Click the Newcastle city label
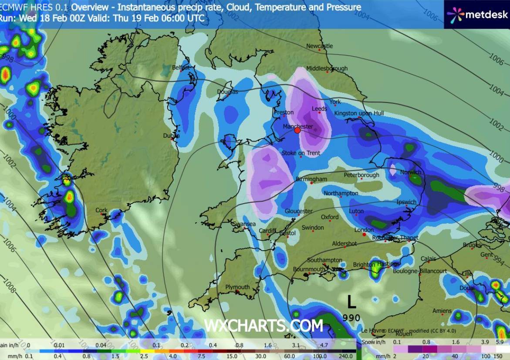pyautogui.click(x=319, y=46)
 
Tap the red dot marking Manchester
pyautogui.click(x=297, y=130)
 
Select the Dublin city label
pyautogui.click(x=171, y=136)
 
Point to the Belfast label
pyautogui.click(x=181, y=68)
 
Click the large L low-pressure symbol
pyautogui.click(x=351, y=302)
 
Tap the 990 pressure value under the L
pyautogui.click(x=351, y=318)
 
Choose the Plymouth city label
pyautogui.click(x=237, y=287)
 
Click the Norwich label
pyautogui.click(x=411, y=172)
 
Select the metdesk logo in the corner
pyautogui.click(x=477, y=14)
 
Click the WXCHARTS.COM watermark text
pyautogui.click(x=263, y=326)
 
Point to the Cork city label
pyautogui.click(x=101, y=210)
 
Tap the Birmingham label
pyautogui.click(x=311, y=179)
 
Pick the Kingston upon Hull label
pyautogui.click(x=359, y=113)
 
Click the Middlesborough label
pyautogui.click(x=327, y=68)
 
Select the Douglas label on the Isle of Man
pyautogui.click(x=228, y=92)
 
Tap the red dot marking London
pyautogui.click(x=364, y=234)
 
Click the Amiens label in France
pyautogui.click(x=442, y=311)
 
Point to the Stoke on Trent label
pyautogui.click(x=301, y=153)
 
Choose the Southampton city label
pyautogui.click(x=324, y=260)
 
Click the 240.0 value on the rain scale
pyautogui.click(x=346, y=356)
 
